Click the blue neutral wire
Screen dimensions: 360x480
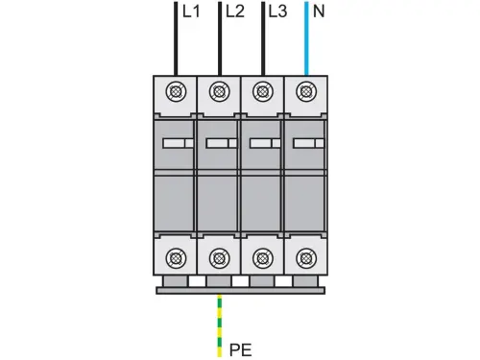coord(305,38)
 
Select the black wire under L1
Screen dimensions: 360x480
coord(176,38)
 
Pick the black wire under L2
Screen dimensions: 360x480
coord(220,38)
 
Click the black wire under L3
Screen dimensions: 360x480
coord(262,38)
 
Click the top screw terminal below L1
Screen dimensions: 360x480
coord(176,93)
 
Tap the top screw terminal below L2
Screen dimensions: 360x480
coord(220,93)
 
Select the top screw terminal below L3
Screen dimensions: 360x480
coord(262,93)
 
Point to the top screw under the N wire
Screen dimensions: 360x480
coord(305,93)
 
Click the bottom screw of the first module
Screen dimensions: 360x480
coord(176,256)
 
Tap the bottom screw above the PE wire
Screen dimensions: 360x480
coord(220,256)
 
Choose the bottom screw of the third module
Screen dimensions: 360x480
coord(262,256)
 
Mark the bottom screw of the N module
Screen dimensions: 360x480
coord(305,256)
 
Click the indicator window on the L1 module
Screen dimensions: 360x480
coord(176,143)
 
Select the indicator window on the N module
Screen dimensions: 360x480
coord(305,143)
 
